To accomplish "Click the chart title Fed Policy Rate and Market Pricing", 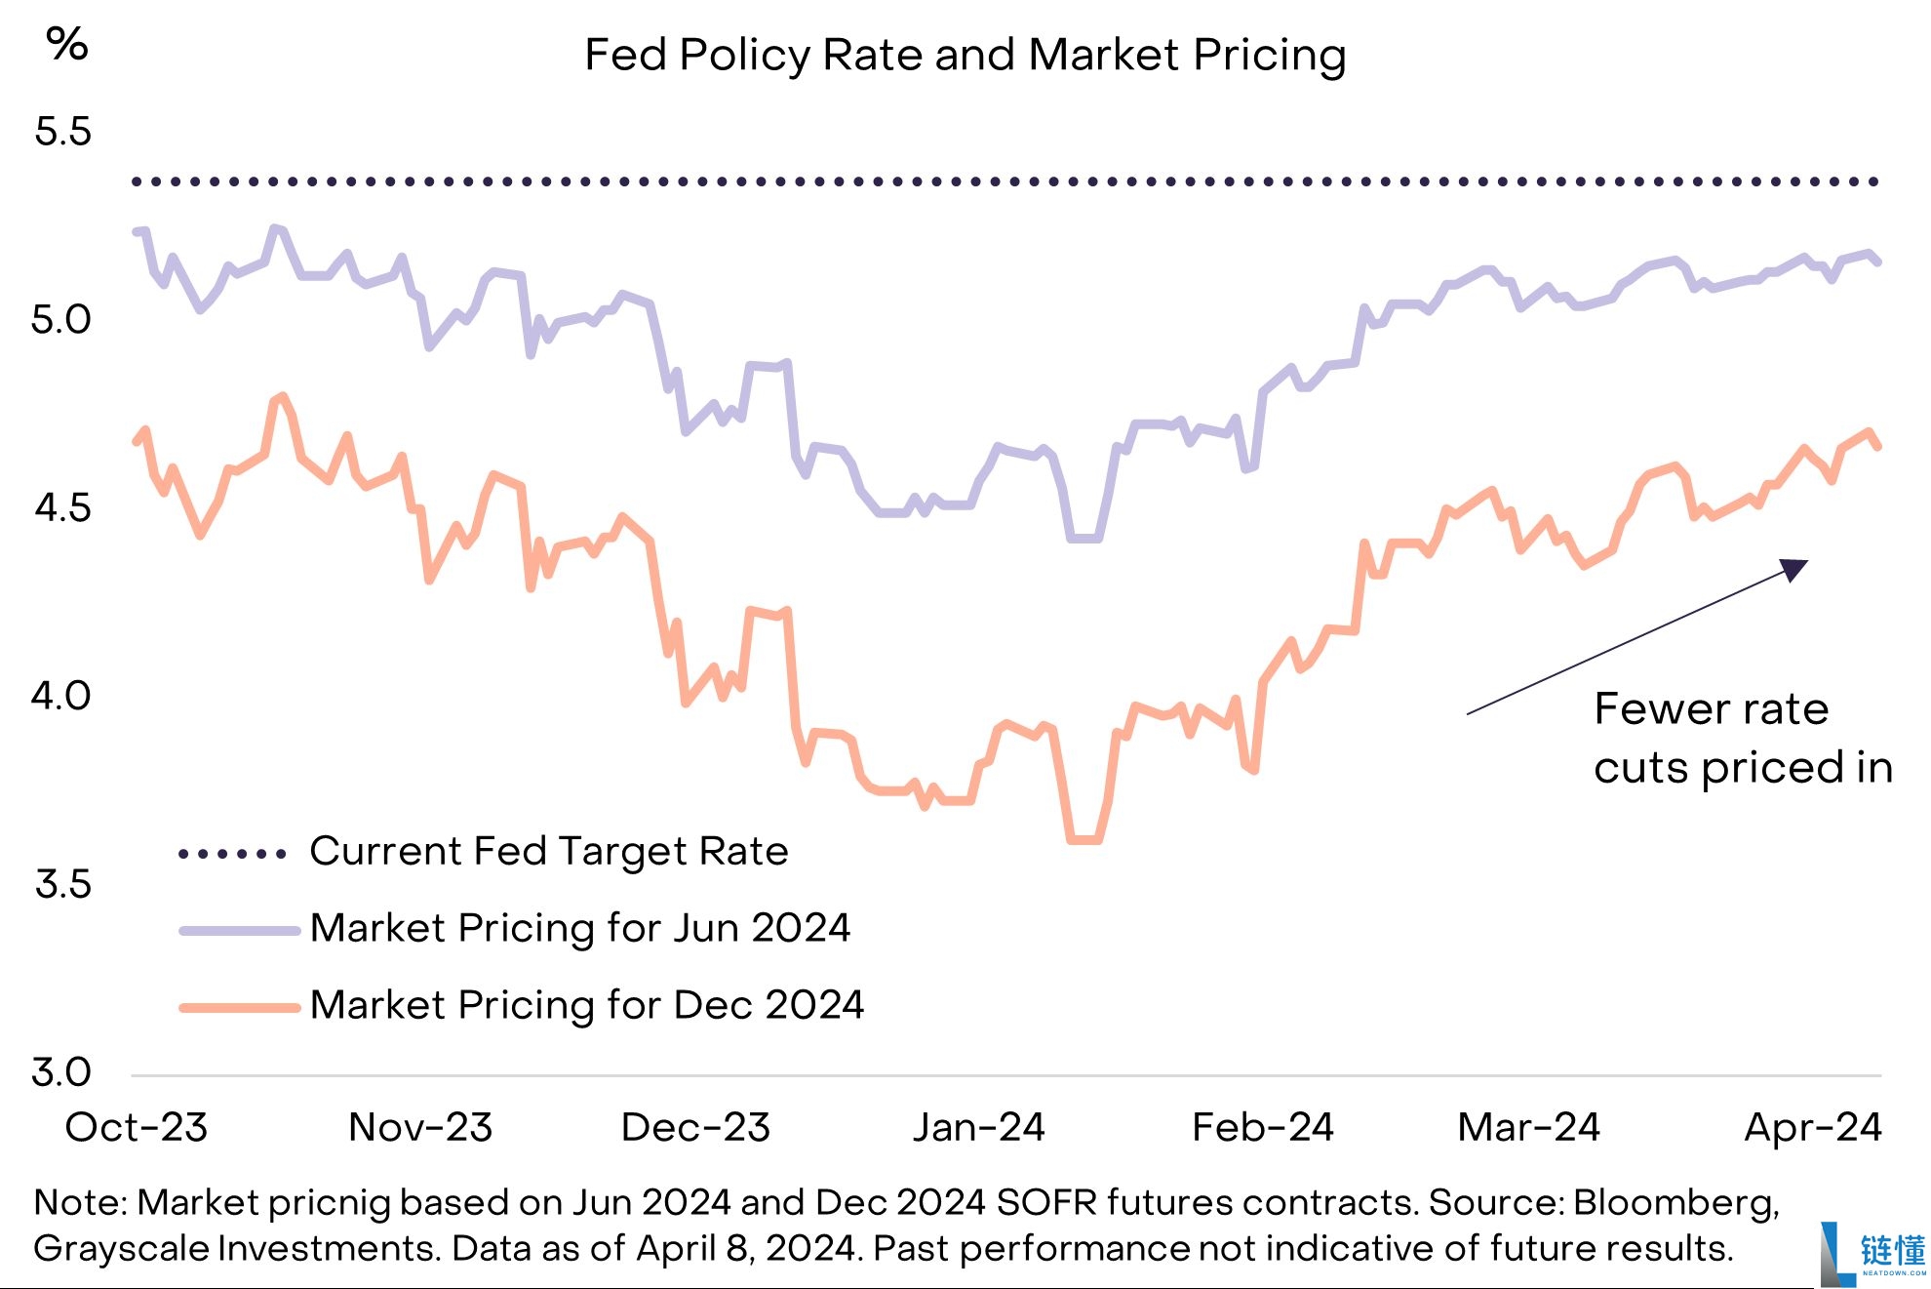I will coord(965,55).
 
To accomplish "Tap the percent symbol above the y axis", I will coord(67,44).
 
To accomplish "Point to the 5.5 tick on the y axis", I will coord(62,132).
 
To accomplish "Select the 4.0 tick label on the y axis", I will coord(60,696).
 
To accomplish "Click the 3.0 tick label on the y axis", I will coord(60,1071).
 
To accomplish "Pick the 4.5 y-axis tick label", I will coord(62,507).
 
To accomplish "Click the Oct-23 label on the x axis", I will coord(137,1128).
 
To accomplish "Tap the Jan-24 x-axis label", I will coord(978,1128).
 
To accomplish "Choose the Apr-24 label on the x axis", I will coord(1812,1128).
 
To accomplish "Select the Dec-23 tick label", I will coord(695,1128).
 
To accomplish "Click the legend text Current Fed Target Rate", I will coord(548,852).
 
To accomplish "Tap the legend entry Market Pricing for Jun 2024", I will coord(579,928).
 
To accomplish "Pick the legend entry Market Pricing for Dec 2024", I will coord(586,1005).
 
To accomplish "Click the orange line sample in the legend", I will coord(239,1008).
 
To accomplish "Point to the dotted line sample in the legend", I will coord(232,854).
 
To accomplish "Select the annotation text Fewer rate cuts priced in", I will coord(1742,738).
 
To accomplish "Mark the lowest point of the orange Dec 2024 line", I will coord(1084,839).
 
